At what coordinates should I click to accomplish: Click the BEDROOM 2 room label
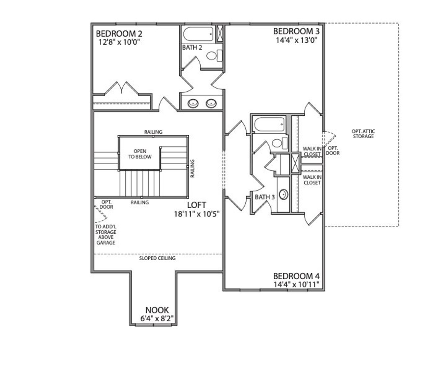pyautogui.click(x=119, y=34)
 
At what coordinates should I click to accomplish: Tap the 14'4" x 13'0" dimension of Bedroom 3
pyautogui.click(x=296, y=40)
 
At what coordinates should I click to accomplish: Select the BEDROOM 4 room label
pyautogui.click(x=296, y=276)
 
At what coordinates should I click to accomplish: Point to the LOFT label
pyautogui.click(x=197, y=205)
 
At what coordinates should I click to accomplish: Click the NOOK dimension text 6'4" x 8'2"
pyautogui.click(x=157, y=318)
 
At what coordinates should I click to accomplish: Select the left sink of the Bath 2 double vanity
pyautogui.click(x=193, y=104)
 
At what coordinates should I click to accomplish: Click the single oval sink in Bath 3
pyautogui.click(x=284, y=195)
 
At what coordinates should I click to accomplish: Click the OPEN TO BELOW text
pyautogui.click(x=140, y=154)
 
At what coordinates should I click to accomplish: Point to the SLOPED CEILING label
pyautogui.click(x=157, y=258)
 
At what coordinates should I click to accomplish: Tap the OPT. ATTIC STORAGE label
pyautogui.click(x=363, y=134)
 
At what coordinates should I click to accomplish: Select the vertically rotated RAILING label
pyautogui.click(x=193, y=168)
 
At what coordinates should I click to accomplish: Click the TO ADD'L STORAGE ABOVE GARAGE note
pyautogui.click(x=106, y=235)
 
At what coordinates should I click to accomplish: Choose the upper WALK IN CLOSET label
pyautogui.click(x=312, y=151)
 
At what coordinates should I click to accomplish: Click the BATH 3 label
pyautogui.click(x=265, y=197)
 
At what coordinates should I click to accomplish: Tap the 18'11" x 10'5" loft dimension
pyautogui.click(x=197, y=214)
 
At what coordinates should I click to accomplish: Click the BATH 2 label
pyautogui.click(x=192, y=48)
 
